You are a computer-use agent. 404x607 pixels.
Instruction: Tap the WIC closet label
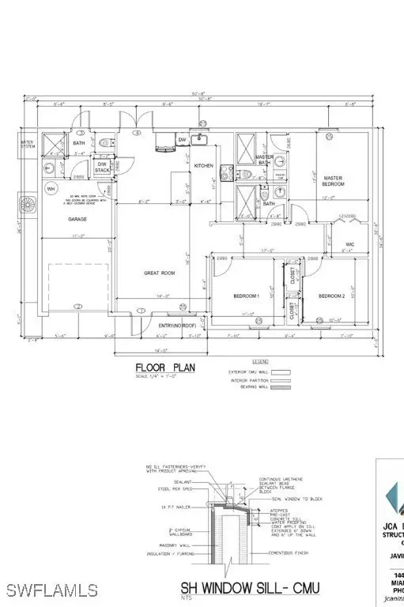coord(349,244)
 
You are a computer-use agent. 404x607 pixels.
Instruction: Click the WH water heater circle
coord(51,189)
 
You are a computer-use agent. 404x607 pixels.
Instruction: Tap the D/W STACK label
coord(102,168)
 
